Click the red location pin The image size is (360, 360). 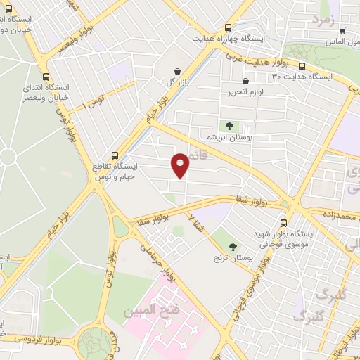[181, 165]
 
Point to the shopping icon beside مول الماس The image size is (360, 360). [342, 30]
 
